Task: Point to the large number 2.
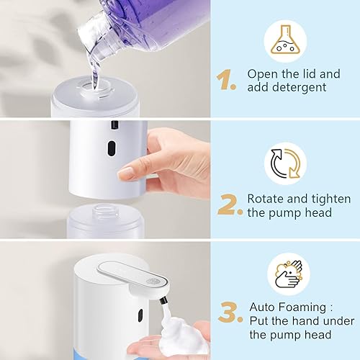click(x=229, y=205)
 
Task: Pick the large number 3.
click(x=229, y=312)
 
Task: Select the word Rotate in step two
click(x=265, y=198)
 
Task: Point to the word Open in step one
click(x=261, y=73)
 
